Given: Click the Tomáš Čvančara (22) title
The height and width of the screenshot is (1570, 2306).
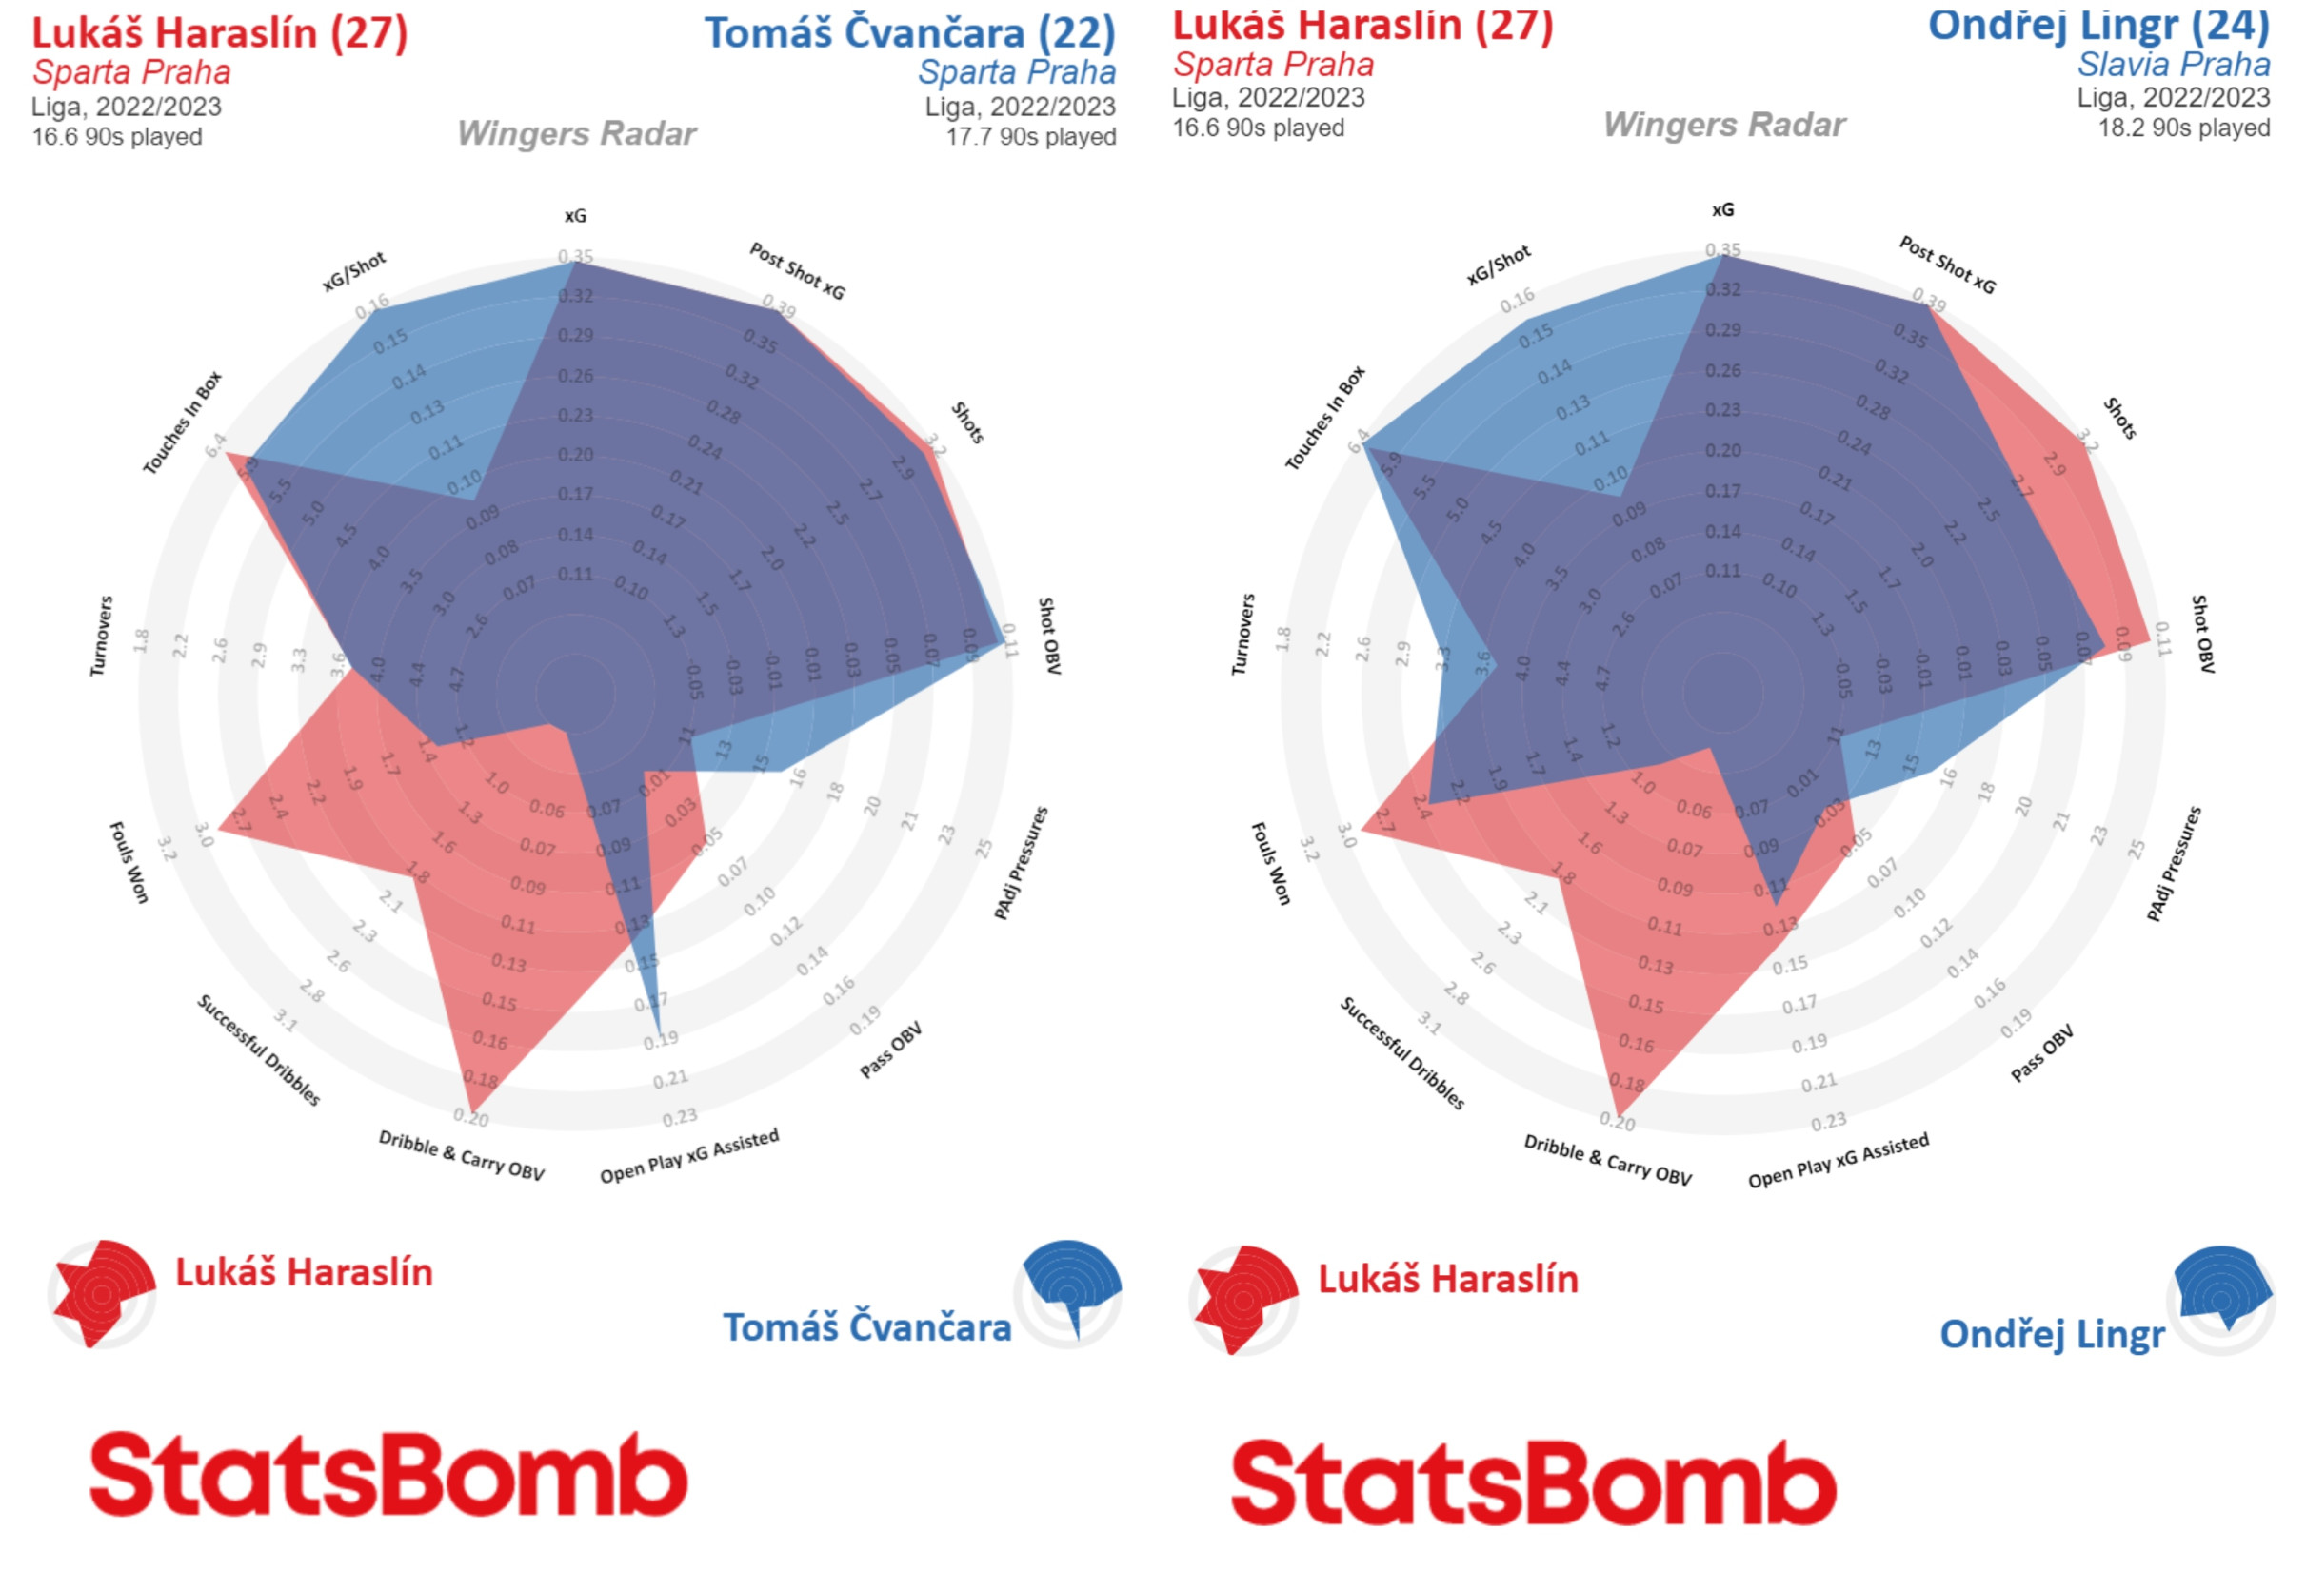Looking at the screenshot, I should point(910,32).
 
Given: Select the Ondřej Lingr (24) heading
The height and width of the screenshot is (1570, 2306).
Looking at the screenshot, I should point(2097,25).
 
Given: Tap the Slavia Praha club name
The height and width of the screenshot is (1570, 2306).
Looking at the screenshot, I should point(2173,65).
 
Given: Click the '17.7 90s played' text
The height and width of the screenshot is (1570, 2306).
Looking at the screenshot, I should point(1030,137).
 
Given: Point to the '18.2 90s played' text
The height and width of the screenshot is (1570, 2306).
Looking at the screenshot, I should point(2183,128).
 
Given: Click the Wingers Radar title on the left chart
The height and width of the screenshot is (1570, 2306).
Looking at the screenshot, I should point(577,133).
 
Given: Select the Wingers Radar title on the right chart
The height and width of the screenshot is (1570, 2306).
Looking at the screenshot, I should point(1723,124).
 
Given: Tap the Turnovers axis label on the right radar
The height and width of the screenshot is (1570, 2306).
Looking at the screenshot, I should point(1243,635).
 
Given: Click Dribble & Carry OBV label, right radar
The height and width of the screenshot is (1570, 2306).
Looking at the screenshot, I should point(1607,1159).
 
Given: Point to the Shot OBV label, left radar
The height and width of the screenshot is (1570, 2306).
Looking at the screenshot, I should point(1050,636).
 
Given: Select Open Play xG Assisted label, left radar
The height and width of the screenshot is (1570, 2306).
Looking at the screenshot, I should point(688,1156).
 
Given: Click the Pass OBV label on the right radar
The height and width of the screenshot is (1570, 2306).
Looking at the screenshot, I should point(2042,1053).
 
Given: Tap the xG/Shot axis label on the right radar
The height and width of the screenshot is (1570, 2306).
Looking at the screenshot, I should point(1499,265).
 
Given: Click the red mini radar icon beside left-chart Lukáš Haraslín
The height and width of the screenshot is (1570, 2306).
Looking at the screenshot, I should point(101,1292).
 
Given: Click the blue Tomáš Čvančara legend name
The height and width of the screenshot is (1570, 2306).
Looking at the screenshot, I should point(866,1327).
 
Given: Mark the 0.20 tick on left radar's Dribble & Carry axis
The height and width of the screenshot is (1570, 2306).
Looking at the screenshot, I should point(471,1118).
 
